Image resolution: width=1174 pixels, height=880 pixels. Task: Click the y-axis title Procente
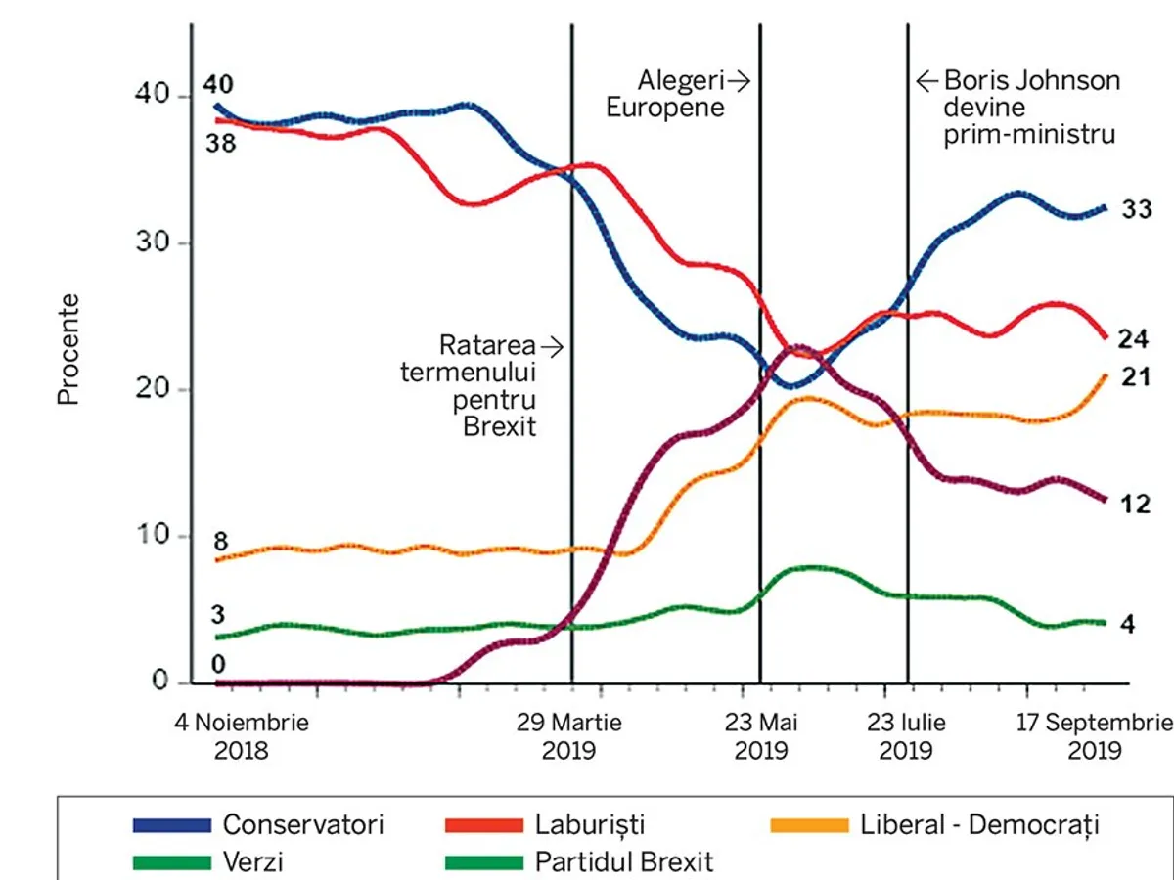pos(68,348)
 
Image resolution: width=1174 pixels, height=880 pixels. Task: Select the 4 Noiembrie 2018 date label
pos(241,737)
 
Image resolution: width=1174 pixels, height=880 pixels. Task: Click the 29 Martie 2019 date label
pos(568,737)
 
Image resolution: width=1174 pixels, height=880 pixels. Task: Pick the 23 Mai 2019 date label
pos(761,737)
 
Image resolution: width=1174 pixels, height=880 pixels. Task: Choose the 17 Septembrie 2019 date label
pos(1094,737)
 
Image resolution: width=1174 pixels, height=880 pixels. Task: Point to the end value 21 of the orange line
pos(1135,377)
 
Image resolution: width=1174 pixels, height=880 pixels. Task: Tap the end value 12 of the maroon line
pos(1135,505)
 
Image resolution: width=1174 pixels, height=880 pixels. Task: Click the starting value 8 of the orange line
pos(221,541)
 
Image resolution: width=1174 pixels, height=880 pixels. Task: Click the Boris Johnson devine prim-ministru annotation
pos(1027,108)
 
